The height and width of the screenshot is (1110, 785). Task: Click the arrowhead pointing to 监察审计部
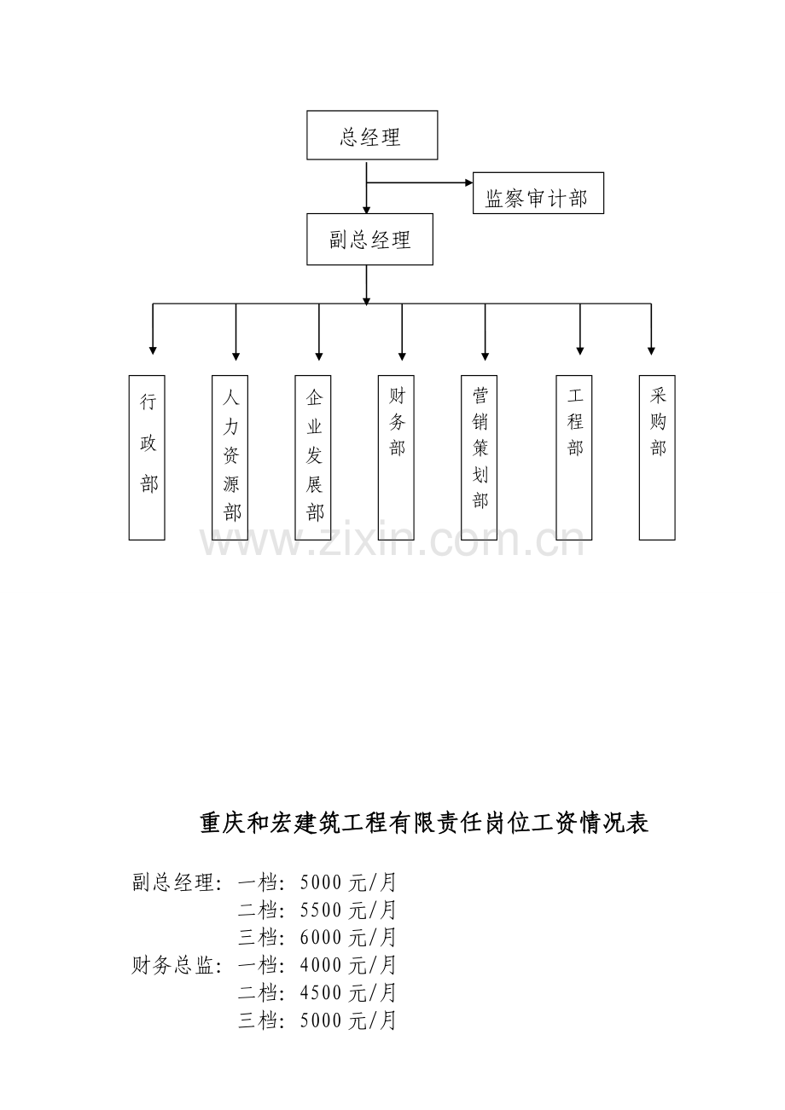468,182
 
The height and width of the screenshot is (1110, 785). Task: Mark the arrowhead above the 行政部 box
153,351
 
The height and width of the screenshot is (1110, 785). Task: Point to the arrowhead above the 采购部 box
651,351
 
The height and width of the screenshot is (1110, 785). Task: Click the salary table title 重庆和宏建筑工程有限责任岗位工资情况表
424,823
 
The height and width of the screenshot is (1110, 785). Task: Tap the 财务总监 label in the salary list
173,980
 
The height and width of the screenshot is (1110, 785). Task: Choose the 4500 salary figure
321,1008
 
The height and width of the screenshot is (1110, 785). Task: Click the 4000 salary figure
321,980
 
